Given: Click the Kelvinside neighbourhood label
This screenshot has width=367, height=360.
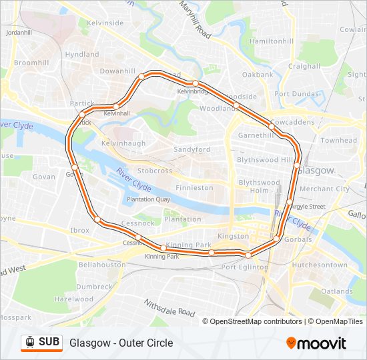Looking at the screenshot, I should pyautogui.click(x=105, y=23).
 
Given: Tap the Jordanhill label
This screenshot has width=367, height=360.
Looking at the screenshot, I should pyautogui.click(x=18, y=32).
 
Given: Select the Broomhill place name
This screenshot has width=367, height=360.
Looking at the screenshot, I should pyautogui.click(x=31, y=62).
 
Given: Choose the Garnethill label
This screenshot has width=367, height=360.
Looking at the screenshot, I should pyautogui.click(x=256, y=135).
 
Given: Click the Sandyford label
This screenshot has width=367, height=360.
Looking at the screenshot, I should pyautogui.click(x=192, y=149).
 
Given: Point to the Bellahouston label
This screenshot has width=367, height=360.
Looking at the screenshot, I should pyautogui.click(x=101, y=265).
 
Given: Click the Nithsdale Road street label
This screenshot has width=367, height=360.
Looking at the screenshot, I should pyautogui.click(x=169, y=307).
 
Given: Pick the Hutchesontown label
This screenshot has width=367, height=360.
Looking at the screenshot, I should pyautogui.click(x=320, y=265).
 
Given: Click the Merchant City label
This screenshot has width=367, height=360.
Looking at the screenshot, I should pyautogui.click(x=324, y=189).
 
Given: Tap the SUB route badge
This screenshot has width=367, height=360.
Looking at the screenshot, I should pyautogui.click(x=41, y=342).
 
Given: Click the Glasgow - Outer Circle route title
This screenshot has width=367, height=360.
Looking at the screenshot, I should pyautogui.click(x=121, y=343).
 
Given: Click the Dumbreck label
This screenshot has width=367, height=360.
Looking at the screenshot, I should pyautogui.click(x=94, y=287).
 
